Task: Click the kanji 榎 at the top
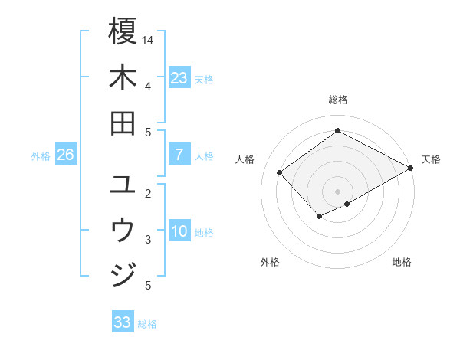pyautogui.click(x=123, y=31)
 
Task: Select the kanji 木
pyautogui.click(x=123, y=77)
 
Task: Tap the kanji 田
pyautogui.click(x=123, y=123)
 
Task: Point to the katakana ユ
pyautogui.click(x=123, y=185)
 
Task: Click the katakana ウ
pyautogui.click(x=123, y=230)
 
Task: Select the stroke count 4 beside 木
pyautogui.click(x=148, y=86)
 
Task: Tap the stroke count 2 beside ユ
pyautogui.click(x=148, y=193)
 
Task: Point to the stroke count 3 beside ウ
pyautogui.click(x=148, y=240)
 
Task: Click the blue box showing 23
pyautogui.click(x=179, y=78)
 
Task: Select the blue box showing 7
pyautogui.click(x=179, y=155)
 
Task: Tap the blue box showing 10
pyautogui.click(x=179, y=231)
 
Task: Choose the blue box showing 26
pyautogui.click(x=65, y=155)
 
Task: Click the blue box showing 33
pyautogui.click(x=122, y=322)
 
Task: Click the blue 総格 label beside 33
pyautogui.click(x=147, y=324)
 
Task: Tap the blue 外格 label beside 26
pyautogui.click(x=41, y=156)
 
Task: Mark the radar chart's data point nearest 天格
pyautogui.click(x=411, y=168)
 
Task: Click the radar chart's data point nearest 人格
pyautogui.click(x=280, y=172)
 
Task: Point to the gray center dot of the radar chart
pyautogui.click(x=337, y=191)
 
